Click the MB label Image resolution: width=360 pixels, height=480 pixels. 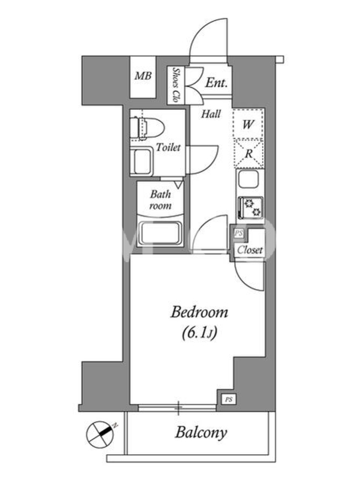click(143, 76)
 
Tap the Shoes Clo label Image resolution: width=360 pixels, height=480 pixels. click(176, 85)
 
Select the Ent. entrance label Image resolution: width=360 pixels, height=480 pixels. click(217, 83)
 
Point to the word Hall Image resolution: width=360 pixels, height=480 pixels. click(211, 114)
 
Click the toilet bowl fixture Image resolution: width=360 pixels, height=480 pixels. click(147, 128)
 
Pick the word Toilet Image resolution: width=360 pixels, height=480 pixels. click(168, 147)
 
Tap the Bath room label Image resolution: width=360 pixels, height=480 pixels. click(160, 200)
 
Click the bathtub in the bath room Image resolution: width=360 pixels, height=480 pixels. click(160, 233)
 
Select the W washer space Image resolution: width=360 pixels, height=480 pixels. click(248, 124)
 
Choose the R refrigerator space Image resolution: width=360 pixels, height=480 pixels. click(248, 154)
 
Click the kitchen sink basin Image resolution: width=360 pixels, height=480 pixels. click(249, 179)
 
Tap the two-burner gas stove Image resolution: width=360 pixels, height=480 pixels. click(250, 207)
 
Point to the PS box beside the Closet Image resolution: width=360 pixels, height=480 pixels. click(238, 233)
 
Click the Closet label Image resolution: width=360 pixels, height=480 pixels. click(250, 250)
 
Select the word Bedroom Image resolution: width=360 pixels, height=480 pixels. click(199, 313)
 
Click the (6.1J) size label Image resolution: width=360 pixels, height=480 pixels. click(199, 333)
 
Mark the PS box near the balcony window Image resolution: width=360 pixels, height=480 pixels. click(229, 400)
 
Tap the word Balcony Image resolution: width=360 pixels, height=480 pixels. click(201, 432)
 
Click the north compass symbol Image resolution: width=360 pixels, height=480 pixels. click(100, 434)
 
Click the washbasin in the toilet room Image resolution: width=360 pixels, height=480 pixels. click(141, 162)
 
